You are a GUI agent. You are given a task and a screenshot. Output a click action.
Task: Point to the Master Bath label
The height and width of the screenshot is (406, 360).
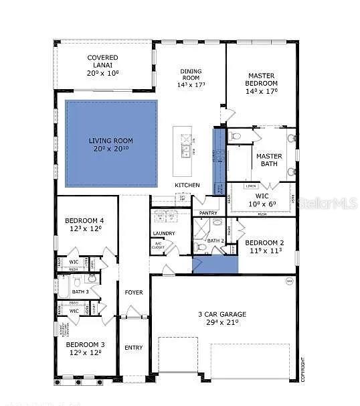(x=270, y=159)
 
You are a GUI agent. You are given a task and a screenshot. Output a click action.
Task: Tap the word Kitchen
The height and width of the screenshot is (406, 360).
(x=187, y=185)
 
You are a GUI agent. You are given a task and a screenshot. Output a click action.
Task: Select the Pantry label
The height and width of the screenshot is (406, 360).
(x=208, y=213)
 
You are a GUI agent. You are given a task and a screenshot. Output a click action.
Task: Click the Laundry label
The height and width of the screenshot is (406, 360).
(x=163, y=234)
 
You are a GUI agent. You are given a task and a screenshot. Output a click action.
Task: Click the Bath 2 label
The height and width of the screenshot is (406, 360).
(x=215, y=241)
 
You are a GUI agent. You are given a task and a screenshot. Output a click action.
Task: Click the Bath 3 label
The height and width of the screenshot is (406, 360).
(x=80, y=291)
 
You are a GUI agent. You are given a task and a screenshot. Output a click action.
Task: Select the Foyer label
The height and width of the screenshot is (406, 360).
(x=134, y=292)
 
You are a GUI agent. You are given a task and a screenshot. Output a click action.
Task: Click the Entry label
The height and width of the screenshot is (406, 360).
(x=134, y=347)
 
